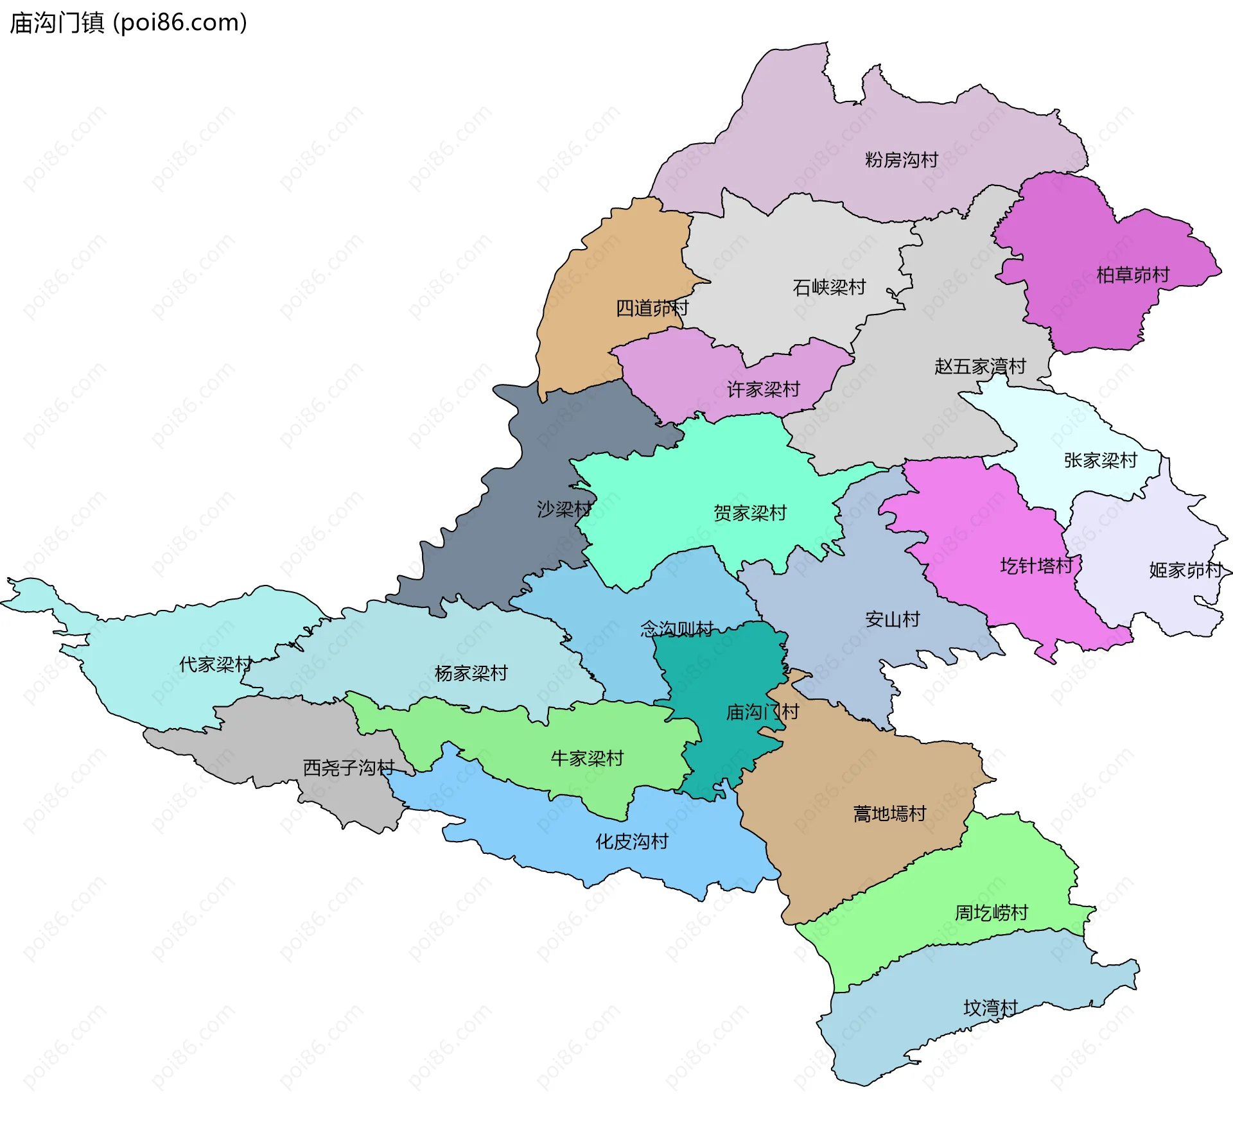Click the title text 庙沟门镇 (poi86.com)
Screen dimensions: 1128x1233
[x=128, y=23]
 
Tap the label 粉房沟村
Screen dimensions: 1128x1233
[x=901, y=160]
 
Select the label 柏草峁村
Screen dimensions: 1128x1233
[x=1133, y=275]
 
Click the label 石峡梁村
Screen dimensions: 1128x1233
[x=829, y=287]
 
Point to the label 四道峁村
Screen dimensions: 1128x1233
[x=652, y=308]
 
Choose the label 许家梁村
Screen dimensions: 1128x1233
[x=763, y=389]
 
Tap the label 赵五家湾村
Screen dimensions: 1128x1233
[x=980, y=367]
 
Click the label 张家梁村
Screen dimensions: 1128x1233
[x=1100, y=460]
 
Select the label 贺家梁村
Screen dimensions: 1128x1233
[x=749, y=513]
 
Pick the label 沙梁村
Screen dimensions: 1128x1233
[x=564, y=510]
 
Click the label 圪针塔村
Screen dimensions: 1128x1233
[x=1036, y=566]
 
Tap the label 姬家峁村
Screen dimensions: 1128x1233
[x=1185, y=570]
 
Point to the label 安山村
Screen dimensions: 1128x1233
[x=892, y=620]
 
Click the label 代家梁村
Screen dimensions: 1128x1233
[x=215, y=664]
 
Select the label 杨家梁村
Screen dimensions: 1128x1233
[x=471, y=673]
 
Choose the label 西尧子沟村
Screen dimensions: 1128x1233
[x=348, y=767]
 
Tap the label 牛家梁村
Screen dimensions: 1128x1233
[x=587, y=759]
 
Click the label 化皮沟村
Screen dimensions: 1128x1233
[x=632, y=842]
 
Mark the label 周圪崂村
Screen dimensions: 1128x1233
[x=991, y=912]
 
